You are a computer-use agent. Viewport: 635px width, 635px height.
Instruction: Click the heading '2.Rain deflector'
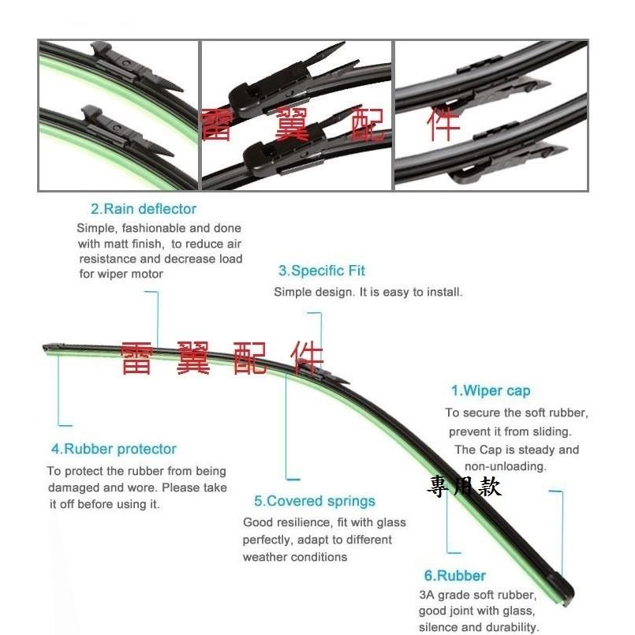click(144, 209)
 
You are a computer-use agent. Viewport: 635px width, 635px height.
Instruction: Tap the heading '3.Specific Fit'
click(322, 271)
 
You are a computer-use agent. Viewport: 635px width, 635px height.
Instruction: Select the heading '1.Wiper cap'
click(491, 390)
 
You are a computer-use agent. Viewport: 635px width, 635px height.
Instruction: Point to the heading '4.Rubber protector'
click(114, 449)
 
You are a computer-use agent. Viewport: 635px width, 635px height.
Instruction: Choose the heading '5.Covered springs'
click(315, 501)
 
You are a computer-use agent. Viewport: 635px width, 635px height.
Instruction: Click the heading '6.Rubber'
click(455, 576)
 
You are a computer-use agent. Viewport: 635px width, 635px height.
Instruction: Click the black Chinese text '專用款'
click(465, 487)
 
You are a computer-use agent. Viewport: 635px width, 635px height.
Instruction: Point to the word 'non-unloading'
click(506, 466)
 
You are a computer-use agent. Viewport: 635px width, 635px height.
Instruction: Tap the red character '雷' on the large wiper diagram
click(136, 358)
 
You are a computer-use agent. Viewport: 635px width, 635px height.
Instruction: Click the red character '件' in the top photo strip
click(443, 124)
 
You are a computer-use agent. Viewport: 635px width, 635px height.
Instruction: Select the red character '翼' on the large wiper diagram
click(192, 358)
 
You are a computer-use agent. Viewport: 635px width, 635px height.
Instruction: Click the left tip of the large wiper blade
click(43, 347)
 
